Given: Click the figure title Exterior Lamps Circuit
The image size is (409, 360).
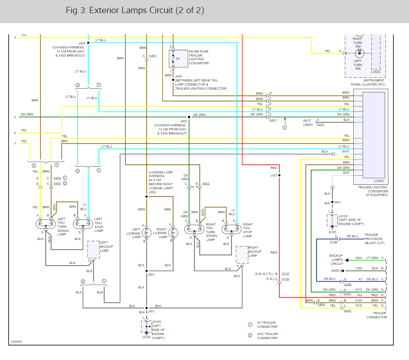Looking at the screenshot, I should click(135, 10).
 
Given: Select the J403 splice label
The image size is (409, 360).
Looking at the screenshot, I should click(82, 43).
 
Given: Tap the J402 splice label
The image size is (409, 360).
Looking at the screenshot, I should click(184, 121).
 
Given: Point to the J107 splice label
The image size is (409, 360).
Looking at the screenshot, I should click(273, 175).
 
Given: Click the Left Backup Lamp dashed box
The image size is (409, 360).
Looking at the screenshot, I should click(93, 250).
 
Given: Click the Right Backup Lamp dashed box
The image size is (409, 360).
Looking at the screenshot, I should click(242, 254).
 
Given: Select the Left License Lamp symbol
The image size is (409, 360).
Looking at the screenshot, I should click(146, 233).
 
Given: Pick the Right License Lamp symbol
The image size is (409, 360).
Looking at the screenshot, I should click(172, 233).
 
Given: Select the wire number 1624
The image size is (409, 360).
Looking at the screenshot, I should click(358, 258).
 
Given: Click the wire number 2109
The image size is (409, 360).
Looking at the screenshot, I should click(358, 301).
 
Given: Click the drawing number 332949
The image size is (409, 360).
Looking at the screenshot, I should click(17, 342).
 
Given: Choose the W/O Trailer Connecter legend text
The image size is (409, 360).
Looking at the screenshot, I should click(267, 336).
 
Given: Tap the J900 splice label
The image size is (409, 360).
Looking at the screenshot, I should click(152, 192).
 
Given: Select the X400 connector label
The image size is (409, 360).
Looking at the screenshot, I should click(153, 56).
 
